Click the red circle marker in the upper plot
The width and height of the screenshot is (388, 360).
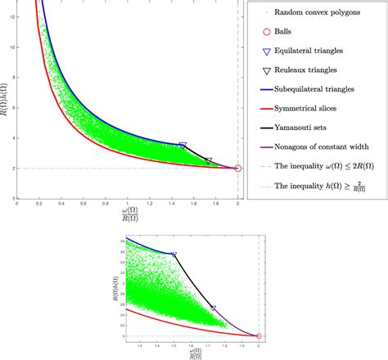[237, 169]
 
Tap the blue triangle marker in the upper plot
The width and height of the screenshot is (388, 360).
[183, 146]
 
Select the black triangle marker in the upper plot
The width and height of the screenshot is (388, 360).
[209, 161]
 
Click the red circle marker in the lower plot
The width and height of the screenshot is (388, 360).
[259, 336]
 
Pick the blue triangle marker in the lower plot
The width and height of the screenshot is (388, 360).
[174, 255]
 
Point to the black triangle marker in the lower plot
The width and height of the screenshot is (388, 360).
[214, 308]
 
